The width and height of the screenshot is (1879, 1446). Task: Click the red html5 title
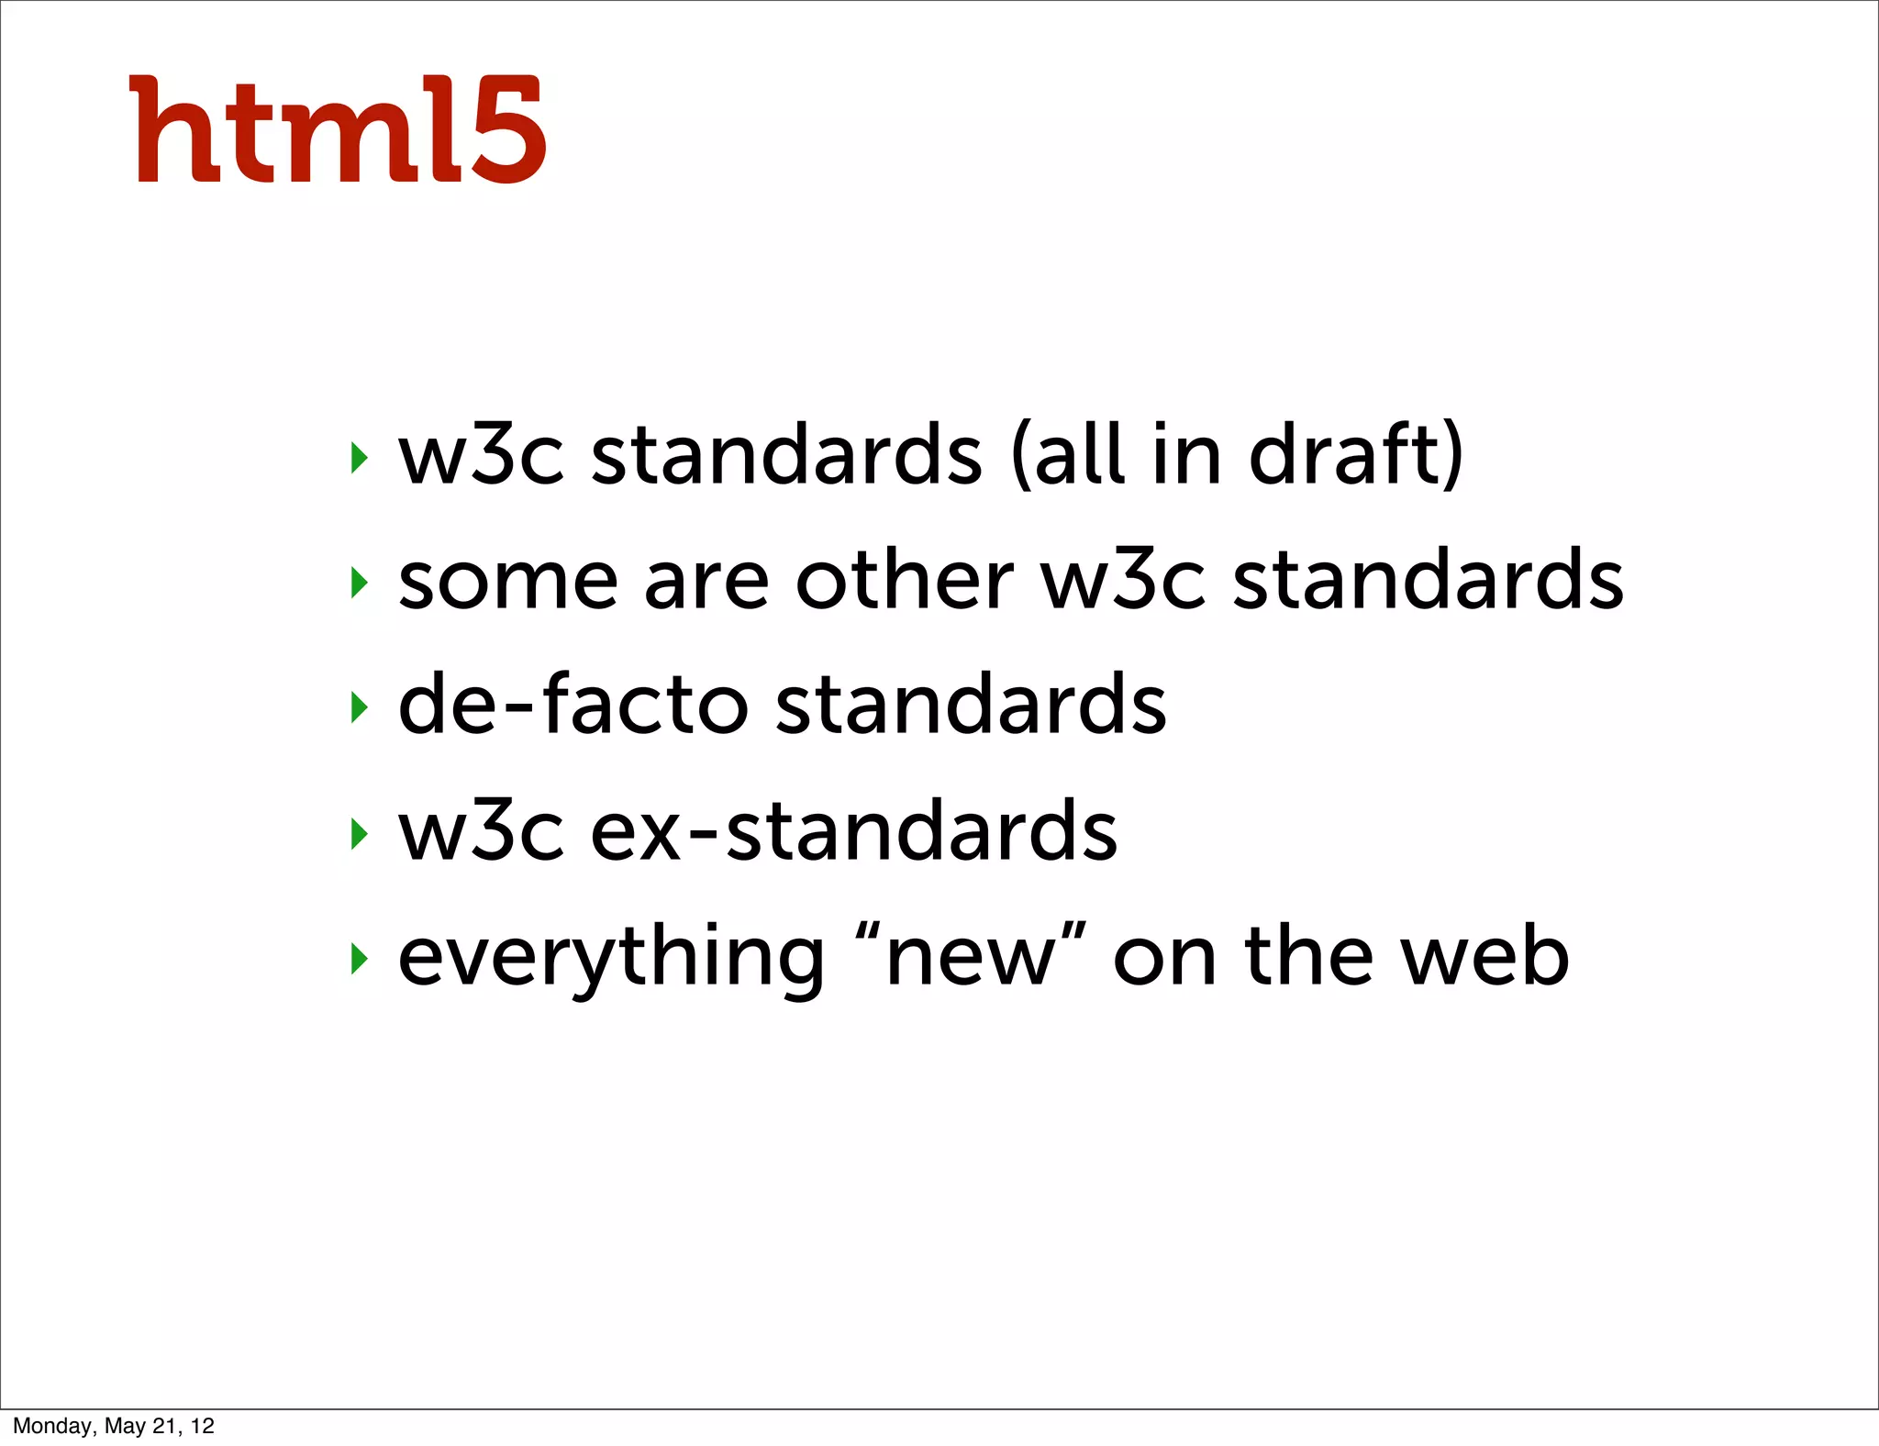coord(339,130)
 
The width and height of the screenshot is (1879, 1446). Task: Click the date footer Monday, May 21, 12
coord(113,1426)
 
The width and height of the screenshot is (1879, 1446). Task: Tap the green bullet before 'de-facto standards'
coord(359,707)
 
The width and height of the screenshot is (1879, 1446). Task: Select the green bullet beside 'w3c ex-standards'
coord(359,833)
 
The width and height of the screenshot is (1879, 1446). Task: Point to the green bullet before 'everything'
coord(359,959)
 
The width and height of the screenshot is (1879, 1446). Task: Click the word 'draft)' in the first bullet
coord(1356,455)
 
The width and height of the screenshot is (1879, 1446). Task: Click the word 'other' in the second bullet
coord(905,581)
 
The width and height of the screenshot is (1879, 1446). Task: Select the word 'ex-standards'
coord(853,831)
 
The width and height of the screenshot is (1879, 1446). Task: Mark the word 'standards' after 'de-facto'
coord(971,705)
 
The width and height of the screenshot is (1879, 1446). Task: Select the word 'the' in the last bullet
coord(1308,957)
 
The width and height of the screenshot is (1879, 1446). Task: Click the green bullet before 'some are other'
coord(359,583)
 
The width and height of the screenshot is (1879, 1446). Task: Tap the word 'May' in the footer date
coord(125,1426)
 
